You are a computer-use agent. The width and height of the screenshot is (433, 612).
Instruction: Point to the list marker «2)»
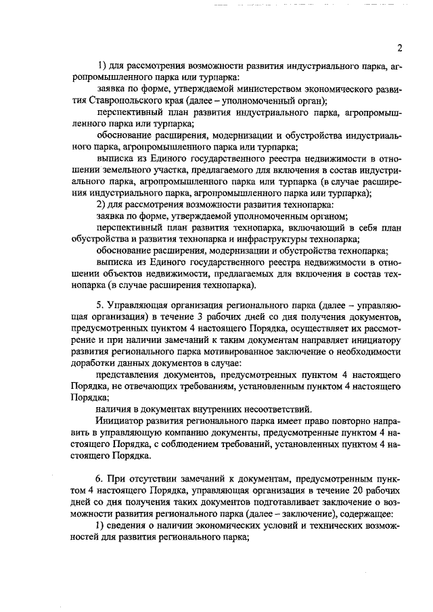click(104, 205)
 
